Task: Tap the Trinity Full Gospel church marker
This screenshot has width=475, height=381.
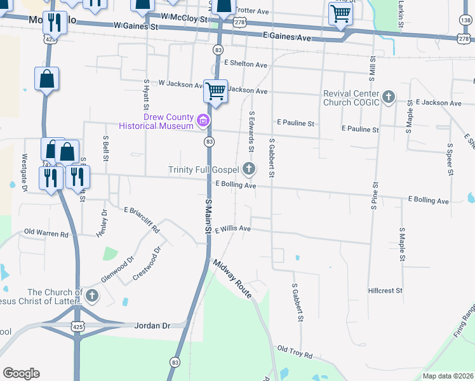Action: pyautogui.click(x=249, y=169)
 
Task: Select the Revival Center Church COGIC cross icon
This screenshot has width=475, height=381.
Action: pyautogui.click(x=388, y=97)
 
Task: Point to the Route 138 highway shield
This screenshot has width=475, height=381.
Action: pyautogui.click(x=465, y=21)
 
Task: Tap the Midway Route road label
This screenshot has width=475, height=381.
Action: pyautogui.click(x=232, y=279)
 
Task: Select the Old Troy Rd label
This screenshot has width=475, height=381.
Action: pyautogui.click(x=295, y=352)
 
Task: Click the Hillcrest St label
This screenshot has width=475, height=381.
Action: pyautogui.click(x=385, y=291)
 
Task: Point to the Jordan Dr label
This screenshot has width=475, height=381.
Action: pyautogui.click(x=153, y=325)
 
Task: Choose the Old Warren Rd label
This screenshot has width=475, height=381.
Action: pyautogui.click(x=46, y=234)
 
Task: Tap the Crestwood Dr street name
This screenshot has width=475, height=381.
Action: pyautogui.click(x=147, y=264)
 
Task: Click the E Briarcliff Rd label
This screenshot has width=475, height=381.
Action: pyautogui.click(x=142, y=218)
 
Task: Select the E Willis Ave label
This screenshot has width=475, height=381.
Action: pyautogui.click(x=233, y=229)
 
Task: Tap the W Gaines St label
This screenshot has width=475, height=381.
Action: pyautogui.click(x=136, y=27)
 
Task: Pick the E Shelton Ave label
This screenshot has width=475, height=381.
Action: pyautogui.click(x=245, y=64)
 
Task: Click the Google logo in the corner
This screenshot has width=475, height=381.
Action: pyautogui.click(x=21, y=373)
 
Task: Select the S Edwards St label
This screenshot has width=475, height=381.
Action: pyautogui.click(x=251, y=132)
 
